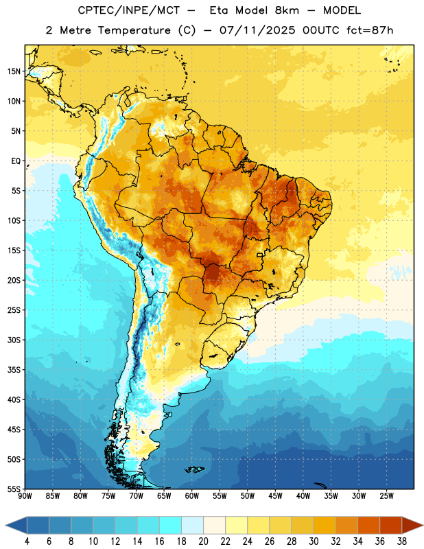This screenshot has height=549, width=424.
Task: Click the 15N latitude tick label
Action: point(14,71)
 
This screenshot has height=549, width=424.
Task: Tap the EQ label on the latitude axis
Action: point(16,161)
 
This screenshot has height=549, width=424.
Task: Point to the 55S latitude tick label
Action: point(14,489)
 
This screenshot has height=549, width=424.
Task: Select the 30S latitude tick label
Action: point(14,340)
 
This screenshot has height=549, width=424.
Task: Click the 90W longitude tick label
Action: point(25,495)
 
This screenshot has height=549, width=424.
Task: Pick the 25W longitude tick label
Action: point(386,495)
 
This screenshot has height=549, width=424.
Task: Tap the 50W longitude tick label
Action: point(248,495)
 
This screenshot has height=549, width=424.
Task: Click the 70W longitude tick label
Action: point(137,495)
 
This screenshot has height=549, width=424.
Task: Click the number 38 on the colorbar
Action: point(402,541)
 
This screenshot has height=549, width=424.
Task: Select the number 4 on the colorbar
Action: point(27,541)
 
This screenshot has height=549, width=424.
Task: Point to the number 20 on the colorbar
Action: point(203,541)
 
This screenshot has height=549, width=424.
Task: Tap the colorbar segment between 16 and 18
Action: point(170,526)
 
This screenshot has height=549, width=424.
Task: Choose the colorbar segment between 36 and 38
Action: point(391,526)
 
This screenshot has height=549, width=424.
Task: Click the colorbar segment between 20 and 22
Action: point(214,526)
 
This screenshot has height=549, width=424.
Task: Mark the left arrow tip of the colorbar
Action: point(5,526)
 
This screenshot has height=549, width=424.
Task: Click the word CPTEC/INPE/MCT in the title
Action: point(128,10)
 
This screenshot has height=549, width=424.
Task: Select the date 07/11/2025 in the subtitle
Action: point(257,30)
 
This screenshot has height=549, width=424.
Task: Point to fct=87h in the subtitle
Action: point(370,30)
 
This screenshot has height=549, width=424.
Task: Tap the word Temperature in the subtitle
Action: point(134,30)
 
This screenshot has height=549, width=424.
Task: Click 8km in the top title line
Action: point(287,10)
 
